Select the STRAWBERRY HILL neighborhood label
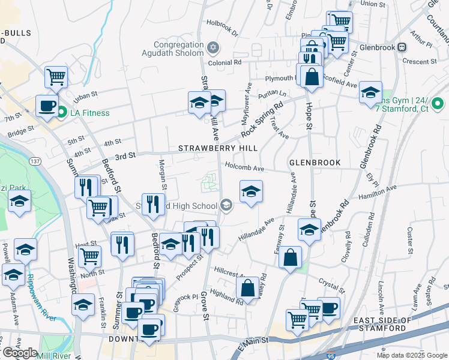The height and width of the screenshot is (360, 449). (218, 148)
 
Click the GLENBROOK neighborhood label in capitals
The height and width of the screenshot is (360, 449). (315, 163)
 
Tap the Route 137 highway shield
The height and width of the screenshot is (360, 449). (35, 161)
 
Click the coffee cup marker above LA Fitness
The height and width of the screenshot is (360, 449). (47, 106)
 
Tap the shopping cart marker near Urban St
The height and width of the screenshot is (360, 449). (56, 76)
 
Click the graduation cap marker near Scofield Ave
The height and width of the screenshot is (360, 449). (370, 92)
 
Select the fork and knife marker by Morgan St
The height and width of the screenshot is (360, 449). (153, 204)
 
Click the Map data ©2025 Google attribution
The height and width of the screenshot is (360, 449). (412, 355)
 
